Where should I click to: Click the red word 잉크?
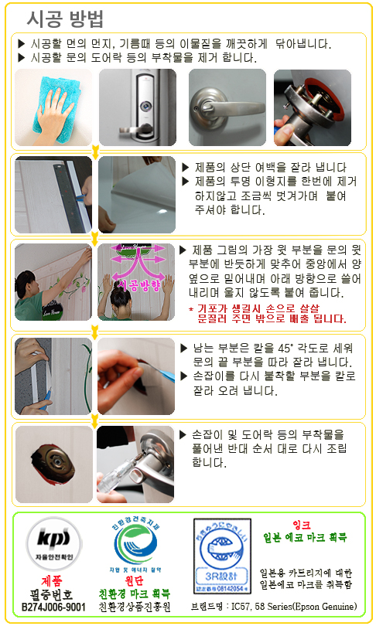(x=302, y=525)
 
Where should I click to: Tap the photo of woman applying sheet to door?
(x=53, y=287)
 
